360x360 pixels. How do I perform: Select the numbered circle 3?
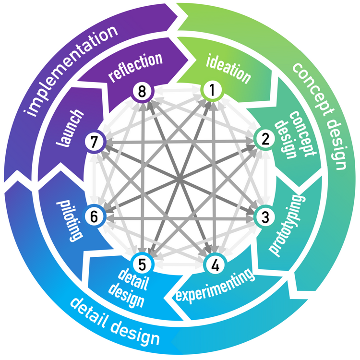(264, 216)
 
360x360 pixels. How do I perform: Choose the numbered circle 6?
(94, 216)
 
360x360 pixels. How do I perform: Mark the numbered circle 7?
(94, 141)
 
